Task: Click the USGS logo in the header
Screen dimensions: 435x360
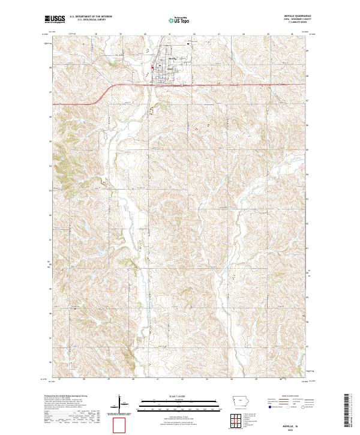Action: pyautogui.click(x=55, y=19)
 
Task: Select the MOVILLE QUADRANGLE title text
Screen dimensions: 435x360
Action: pyautogui.click(x=296, y=16)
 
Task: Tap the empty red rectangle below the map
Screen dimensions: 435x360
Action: pyautogui.click(x=120, y=425)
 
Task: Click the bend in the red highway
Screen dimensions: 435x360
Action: pyautogui.click(x=110, y=89)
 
